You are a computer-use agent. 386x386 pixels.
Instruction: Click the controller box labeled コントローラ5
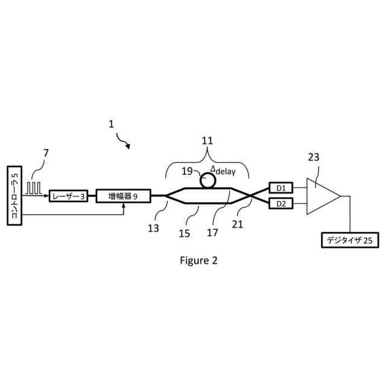pyautogui.click(x=15, y=197)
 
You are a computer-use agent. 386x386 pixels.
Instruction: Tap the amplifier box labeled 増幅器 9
pyautogui.click(x=123, y=195)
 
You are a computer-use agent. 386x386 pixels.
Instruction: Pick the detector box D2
pyautogui.click(x=280, y=203)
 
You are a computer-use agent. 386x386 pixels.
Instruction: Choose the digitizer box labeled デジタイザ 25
pyautogui.click(x=350, y=241)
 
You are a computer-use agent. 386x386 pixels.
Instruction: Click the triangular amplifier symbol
pyautogui.click(x=321, y=195)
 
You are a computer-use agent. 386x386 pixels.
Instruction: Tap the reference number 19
pyautogui.click(x=187, y=171)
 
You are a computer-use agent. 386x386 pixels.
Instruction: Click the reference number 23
pyautogui.click(x=314, y=157)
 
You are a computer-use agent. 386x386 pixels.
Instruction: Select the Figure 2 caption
pyautogui.click(x=198, y=261)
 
